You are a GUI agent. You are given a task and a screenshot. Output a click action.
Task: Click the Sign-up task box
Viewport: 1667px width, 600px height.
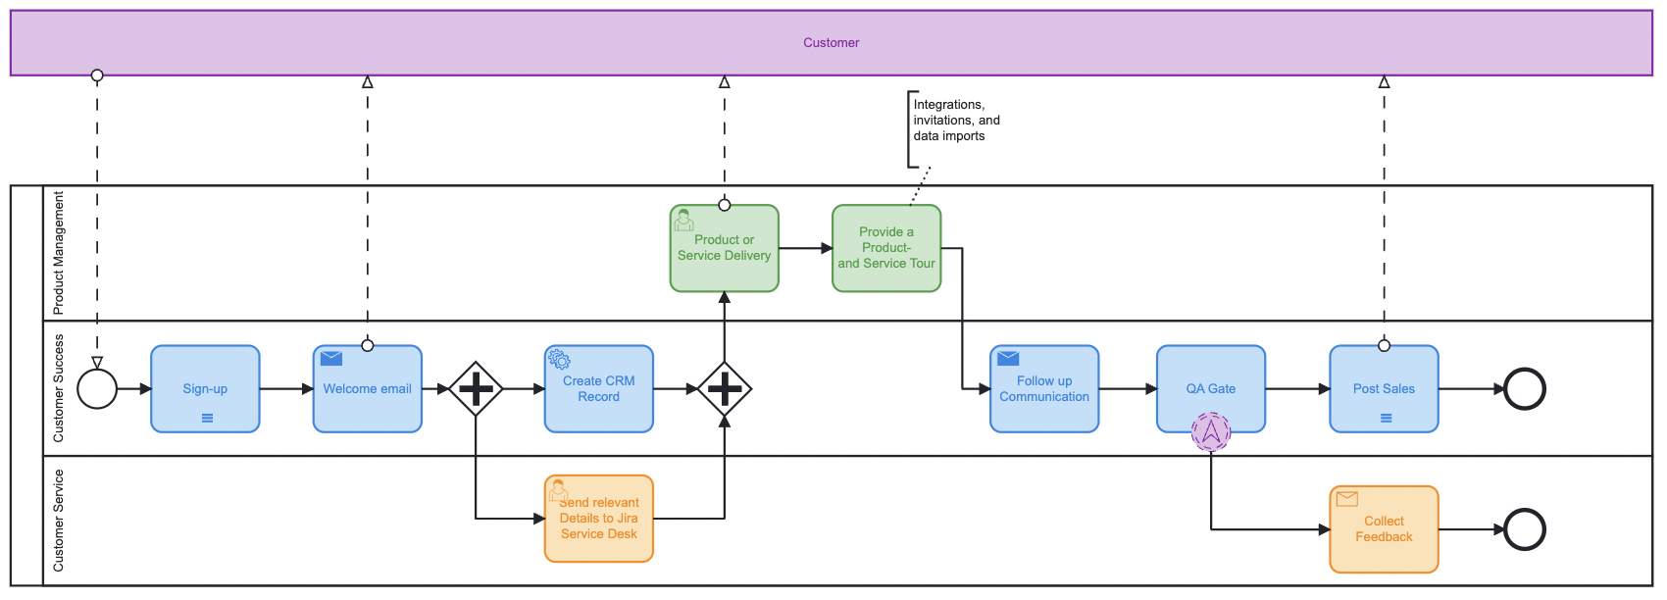pyautogui.click(x=205, y=388)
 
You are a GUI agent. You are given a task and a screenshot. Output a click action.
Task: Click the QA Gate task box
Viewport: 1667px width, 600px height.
pyautogui.click(x=1211, y=388)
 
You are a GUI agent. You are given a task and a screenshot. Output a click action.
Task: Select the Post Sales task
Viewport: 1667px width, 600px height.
pyautogui.click(x=1384, y=388)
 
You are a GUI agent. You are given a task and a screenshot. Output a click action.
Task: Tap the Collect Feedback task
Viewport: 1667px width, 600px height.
pyautogui.click(x=1384, y=529)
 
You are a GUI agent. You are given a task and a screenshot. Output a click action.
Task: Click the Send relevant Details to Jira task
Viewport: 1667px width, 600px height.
pyautogui.click(x=599, y=519)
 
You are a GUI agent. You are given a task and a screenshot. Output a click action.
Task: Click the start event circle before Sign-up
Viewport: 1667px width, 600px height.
pyautogui.click(x=97, y=389)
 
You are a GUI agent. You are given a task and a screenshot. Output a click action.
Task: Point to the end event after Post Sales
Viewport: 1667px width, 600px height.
pyautogui.click(x=1525, y=389)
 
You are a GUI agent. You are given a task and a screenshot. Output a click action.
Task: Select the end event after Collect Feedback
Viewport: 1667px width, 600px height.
pyautogui.click(x=1525, y=529)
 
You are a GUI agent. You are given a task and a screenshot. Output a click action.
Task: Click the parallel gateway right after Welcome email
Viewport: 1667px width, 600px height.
pyautogui.click(x=476, y=389)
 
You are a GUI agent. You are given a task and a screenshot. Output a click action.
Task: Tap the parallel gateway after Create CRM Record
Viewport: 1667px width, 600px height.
pyautogui.click(x=725, y=389)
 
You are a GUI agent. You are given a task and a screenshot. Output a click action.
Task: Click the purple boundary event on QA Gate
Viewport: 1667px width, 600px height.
pyautogui.click(x=1211, y=431)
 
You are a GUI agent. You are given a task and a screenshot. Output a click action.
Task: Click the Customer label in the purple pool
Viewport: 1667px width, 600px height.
pyautogui.click(x=831, y=42)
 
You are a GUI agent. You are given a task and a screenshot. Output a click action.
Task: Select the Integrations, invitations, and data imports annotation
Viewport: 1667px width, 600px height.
pyautogui.click(x=956, y=121)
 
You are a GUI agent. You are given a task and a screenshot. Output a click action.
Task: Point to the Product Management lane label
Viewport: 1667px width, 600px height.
pyautogui.click(x=59, y=253)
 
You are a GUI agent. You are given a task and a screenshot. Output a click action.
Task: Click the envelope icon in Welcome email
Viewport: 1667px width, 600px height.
pyautogui.click(x=331, y=359)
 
